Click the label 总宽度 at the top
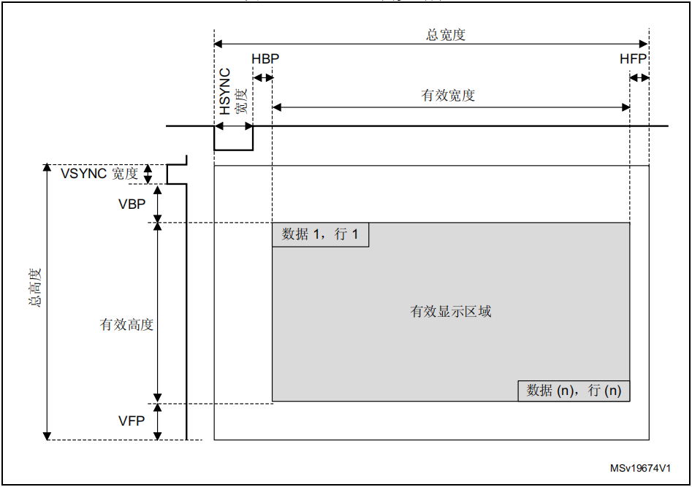point(446,34)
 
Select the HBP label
point(265,59)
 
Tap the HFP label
point(633,59)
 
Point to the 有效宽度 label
point(448,96)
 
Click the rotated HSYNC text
point(226,91)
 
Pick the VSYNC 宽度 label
point(99,174)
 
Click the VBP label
point(132,204)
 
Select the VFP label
point(132,421)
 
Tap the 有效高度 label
point(126,325)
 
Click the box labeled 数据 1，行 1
point(320,235)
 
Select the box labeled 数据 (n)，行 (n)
point(574,391)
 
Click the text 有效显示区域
point(451,312)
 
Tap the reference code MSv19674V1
point(640,469)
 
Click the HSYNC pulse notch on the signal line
point(233,139)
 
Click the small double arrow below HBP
point(262,78)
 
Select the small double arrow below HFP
point(639,78)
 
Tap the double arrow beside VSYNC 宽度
point(148,175)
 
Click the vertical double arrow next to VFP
point(158,422)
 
